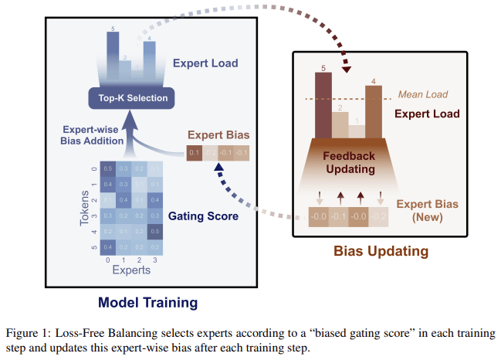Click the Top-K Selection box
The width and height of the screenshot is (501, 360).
point(127,98)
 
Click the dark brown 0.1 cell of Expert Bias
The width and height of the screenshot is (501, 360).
point(193,153)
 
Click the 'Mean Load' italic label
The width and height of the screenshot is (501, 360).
point(422,95)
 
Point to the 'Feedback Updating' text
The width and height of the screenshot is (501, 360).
point(348,161)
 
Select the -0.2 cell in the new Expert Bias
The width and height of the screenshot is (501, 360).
point(377,216)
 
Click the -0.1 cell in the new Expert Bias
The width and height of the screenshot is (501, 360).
point(337,216)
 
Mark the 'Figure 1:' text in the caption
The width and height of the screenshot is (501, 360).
point(29,333)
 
